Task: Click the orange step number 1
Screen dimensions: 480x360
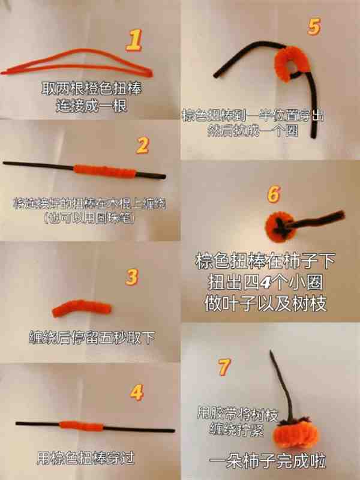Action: pyautogui.click(x=136, y=40)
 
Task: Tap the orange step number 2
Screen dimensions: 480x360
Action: pyautogui.click(x=142, y=145)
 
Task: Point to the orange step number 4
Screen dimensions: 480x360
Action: pyautogui.click(x=137, y=392)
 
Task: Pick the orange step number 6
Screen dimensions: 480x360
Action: pyautogui.click(x=273, y=194)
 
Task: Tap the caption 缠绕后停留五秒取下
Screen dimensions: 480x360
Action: pyautogui.click(x=91, y=337)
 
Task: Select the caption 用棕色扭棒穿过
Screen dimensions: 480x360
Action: pyautogui.click(x=85, y=458)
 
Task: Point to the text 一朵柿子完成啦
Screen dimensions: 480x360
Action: pyautogui.click(x=268, y=462)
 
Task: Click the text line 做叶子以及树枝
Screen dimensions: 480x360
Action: pyautogui.click(x=268, y=304)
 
